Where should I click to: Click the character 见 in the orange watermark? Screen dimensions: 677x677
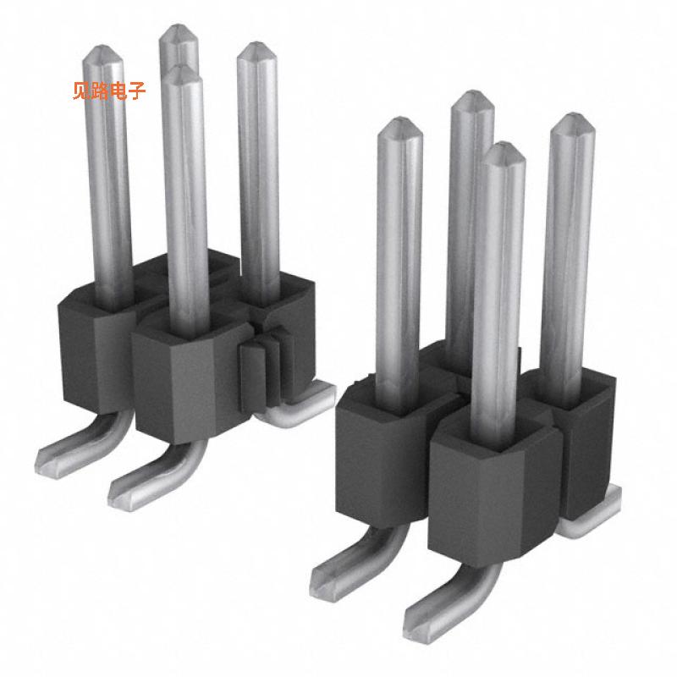82,90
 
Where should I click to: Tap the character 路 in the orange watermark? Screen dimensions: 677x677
100,90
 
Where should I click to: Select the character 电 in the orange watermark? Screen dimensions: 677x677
118,90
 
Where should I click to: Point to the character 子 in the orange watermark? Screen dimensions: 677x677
136,90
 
